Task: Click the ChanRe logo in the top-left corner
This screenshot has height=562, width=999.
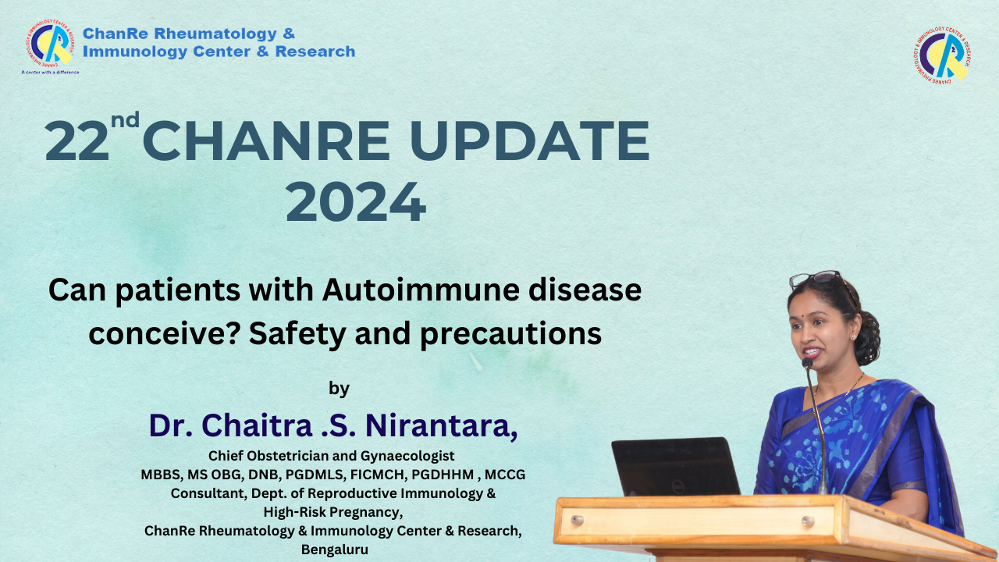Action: click(x=50, y=43)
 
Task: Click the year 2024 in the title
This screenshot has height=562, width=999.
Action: click(x=356, y=202)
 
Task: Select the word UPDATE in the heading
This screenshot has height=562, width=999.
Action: click(x=529, y=141)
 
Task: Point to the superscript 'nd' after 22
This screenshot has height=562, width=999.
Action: click(x=126, y=120)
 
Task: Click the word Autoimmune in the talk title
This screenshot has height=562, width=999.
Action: click(x=421, y=290)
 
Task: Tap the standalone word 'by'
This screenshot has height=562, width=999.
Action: click(x=339, y=389)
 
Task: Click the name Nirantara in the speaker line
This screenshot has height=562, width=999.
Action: click(x=442, y=425)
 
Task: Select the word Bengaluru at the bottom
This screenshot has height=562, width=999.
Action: click(x=335, y=550)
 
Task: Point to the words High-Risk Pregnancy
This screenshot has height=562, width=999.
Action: click(x=333, y=513)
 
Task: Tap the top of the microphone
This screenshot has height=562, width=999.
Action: click(x=807, y=363)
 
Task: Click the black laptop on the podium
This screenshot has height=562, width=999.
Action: click(x=676, y=467)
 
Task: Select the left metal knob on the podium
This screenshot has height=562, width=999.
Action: click(x=577, y=520)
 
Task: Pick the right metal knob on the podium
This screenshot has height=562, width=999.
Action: click(x=808, y=521)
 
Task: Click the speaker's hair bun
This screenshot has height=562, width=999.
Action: click(x=867, y=336)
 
